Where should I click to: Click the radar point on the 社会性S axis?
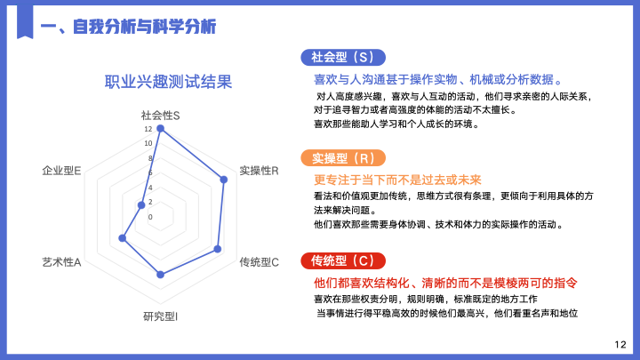[160, 129]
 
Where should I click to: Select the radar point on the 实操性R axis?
[224, 180]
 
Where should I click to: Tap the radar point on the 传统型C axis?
[218, 249]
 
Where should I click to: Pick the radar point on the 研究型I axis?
[160, 275]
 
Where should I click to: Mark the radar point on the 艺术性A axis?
[122, 238]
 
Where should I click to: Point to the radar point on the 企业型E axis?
[141, 205]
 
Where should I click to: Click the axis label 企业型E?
[61, 171]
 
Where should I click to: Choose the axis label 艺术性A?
[61, 262]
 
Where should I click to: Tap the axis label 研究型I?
[160, 316]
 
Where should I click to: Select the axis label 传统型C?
[260, 262]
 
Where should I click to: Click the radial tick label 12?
[148, 129]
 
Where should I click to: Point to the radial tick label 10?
[148, 143]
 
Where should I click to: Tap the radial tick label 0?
[150, 217]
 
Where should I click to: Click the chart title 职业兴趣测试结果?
[168, 82]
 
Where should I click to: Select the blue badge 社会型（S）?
[343, 57]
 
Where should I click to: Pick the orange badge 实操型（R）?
[343, 158]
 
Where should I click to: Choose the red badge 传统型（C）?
[343, 260]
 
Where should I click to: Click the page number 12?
[620, 345]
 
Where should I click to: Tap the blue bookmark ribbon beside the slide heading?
[25, 22]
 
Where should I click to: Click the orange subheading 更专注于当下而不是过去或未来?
[397, 180]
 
